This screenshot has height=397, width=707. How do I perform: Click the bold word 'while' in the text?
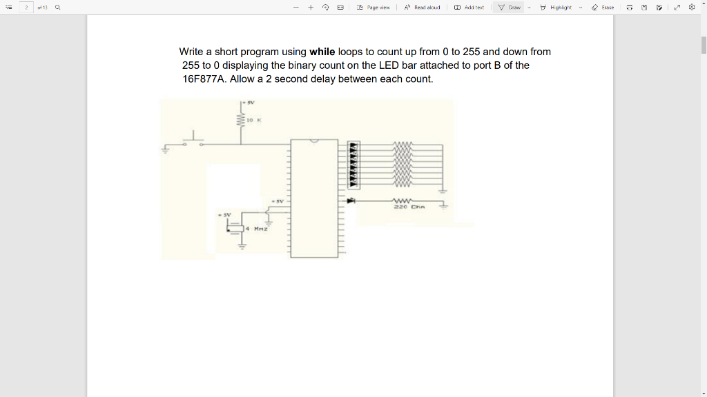coord(322,52)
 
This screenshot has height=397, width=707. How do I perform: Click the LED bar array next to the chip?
coord(353,165)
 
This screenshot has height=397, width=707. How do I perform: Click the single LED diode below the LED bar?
coord(352,201)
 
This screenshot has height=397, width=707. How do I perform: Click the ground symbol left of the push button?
coord(166,147)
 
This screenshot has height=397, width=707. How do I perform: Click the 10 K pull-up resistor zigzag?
coord(241,120)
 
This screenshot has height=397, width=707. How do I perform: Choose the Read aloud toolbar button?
coord(422,8)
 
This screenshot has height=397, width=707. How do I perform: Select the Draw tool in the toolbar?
coord(510,8)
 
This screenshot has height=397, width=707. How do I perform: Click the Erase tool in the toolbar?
coord(603,8)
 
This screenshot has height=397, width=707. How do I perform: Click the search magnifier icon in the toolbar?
coord(57,8)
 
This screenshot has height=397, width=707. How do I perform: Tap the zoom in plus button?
coord(311,8)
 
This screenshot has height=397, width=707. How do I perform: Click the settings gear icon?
coord(692,8)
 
